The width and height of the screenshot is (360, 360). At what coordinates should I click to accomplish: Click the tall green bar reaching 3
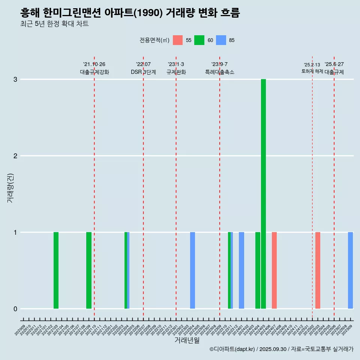tap(263, 194)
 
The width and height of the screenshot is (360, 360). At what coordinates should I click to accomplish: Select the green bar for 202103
tap(56, 270)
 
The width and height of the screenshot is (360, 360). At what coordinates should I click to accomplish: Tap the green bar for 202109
tap(89, 270)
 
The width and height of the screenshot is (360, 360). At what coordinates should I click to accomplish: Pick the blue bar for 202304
tap(192, 270)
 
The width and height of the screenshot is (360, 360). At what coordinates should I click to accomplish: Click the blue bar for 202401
tap(241, 270)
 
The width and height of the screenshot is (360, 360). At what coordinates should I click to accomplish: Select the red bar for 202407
tap(274, 270)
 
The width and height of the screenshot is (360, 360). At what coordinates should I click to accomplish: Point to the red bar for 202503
tap(318, 270)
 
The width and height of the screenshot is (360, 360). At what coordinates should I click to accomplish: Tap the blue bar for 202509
tap(350, 270)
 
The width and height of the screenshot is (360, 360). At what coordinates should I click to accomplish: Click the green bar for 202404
tap(258, 270)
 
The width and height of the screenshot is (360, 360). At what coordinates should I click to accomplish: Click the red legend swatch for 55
tap(178, 40)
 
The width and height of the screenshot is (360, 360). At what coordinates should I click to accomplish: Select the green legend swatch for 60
tap(199, 40)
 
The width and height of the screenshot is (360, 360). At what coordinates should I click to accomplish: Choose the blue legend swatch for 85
tap(221, 40)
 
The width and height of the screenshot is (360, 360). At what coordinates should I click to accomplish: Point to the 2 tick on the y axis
tap(15, 156)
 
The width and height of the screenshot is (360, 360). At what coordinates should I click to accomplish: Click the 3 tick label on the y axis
tap(15, 79)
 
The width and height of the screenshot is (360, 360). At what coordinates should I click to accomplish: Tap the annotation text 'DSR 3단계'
tap(143, 72)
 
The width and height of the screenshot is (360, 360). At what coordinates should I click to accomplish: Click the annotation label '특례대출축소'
tap(220, 72)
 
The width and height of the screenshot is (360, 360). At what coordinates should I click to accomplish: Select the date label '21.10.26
tap(94, 64)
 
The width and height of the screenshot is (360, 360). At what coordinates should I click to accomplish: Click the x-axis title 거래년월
tap(187, 340)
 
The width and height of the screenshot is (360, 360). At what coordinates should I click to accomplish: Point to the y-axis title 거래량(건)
tap(10, 188)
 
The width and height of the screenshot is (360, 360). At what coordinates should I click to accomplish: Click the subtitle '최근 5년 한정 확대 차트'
tap(55, 24)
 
